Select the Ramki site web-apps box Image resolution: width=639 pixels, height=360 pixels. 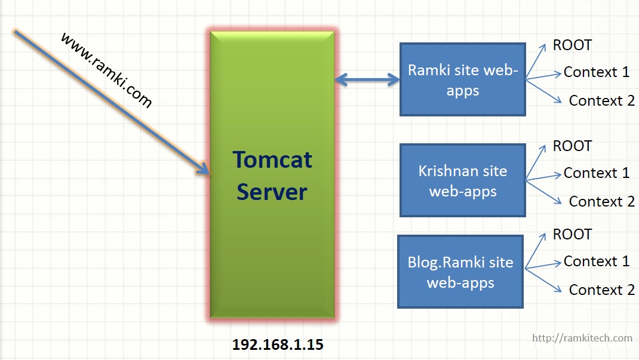(x=462, y=79)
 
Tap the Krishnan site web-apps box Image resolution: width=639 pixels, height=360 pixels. (x=462, y=180)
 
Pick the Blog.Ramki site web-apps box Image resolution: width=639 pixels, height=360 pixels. (x=460, y=272)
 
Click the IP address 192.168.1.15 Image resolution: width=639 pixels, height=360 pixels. (x=278, y=344)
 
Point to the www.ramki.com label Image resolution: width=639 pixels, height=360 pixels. (x=106, y=70)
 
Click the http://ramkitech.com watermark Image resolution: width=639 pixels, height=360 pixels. (x=582, y=338)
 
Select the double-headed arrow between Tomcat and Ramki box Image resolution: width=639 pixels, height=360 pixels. (x=367, y=79)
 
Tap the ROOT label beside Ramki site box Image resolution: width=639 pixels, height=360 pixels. (x=572, y=45)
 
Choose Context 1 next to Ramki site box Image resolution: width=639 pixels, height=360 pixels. (x=596, y=72)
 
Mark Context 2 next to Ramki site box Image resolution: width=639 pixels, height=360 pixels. (x=601, y=101)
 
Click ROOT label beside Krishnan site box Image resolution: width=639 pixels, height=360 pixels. (x=572, y=146)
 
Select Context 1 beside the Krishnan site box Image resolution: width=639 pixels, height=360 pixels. (x=596, y=173)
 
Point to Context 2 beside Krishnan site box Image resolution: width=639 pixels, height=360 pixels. (x=601, y=202)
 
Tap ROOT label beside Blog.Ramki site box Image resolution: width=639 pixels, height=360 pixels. (x=572, y=235)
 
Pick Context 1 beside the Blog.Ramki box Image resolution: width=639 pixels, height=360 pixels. (x=596, y=261)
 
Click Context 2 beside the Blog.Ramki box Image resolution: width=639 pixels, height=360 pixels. (x=601, y=290)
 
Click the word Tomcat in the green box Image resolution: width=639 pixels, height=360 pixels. (x=272, y=160)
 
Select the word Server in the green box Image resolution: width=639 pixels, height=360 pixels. (x=272, y=192)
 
